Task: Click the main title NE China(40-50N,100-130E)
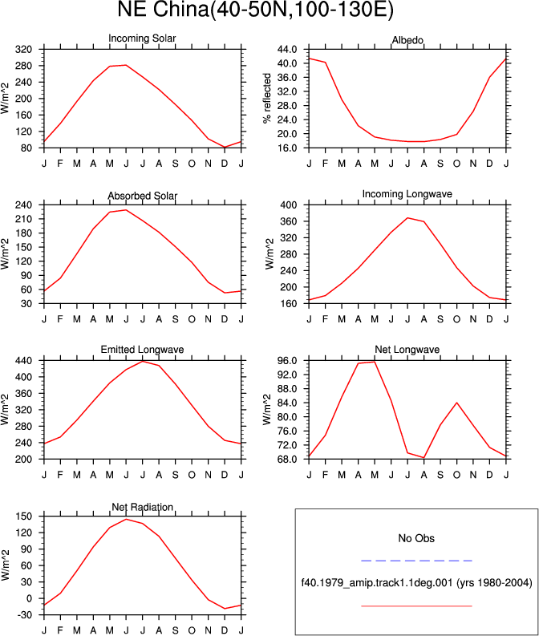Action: coord(256,9)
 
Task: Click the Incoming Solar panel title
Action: coord(142,38)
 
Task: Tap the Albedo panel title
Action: coord(407,40)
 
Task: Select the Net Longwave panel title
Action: coord(407,350)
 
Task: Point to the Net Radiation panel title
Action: coord(142,507)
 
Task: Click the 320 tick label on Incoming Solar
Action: coord(23,50)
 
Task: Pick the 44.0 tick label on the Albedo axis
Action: coord(287,50)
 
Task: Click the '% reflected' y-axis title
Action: coord(266,98)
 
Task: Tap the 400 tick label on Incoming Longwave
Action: coord(289,205)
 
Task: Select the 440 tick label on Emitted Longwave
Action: coord(23,361)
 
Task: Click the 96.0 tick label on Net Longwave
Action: coord(287,361)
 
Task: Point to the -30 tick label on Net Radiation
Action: coord(23,615)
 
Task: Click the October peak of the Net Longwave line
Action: coord(457,403)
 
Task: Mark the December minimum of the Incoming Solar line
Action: coord(225,148)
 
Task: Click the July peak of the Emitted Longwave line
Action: coord(142,361)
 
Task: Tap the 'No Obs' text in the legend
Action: coord(416,538)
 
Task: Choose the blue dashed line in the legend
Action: coord(416,561)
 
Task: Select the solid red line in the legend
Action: coord(416,606)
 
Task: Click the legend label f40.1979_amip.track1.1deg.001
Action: coord(377,583)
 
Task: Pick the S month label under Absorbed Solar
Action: coord(175,319)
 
